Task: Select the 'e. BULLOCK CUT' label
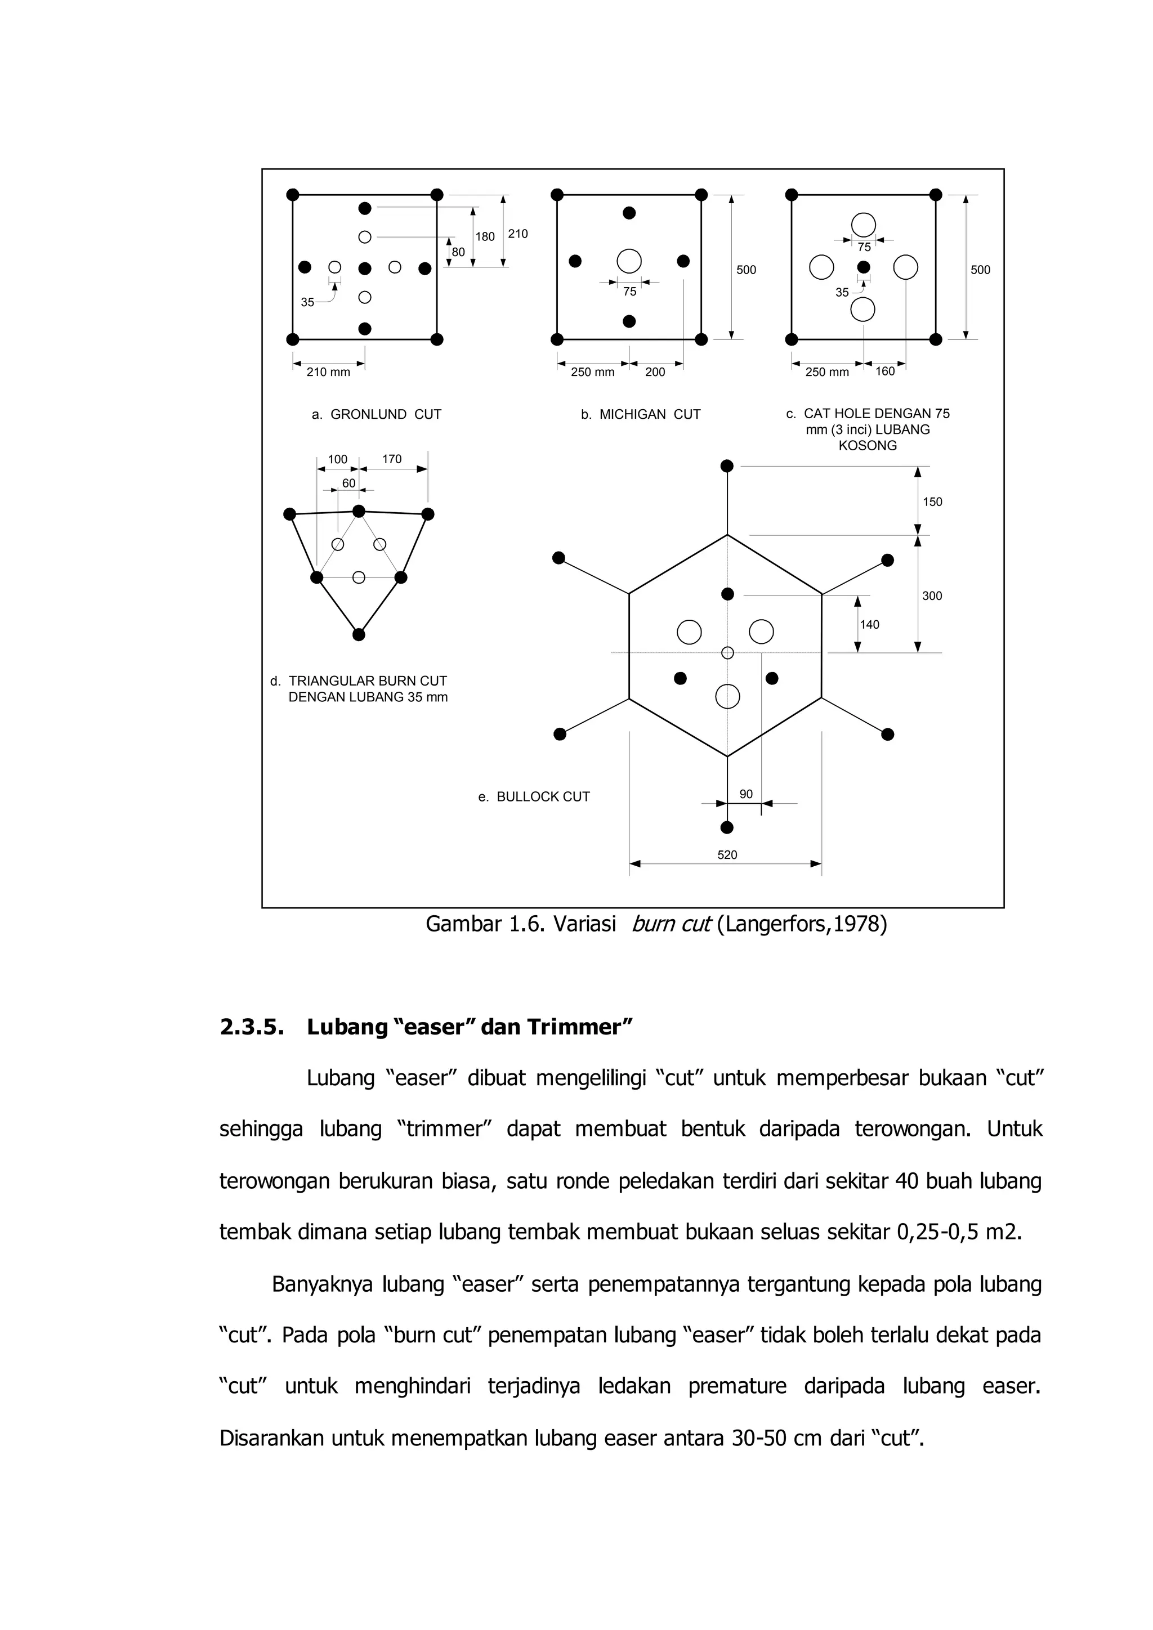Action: (534, 796)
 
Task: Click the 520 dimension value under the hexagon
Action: (727, 855)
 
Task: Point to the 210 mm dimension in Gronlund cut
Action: (328, 372)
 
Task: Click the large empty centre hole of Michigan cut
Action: (629, 261)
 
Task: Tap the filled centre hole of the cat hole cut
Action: (863, 267)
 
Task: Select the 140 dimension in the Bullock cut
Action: (869, 625)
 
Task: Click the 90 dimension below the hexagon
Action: (746, 794)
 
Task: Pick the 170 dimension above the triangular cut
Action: (392, 459)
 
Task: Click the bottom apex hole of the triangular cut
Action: (359, 635)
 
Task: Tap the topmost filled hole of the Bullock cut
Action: (727, 465)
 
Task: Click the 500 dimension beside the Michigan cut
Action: (746, 270)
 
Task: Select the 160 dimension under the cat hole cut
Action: (884, 371)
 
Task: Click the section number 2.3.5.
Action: (248, 1027)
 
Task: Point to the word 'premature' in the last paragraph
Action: (737, 1386)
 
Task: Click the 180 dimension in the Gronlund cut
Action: (485, 236)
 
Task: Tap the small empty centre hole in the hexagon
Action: (727, 652)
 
